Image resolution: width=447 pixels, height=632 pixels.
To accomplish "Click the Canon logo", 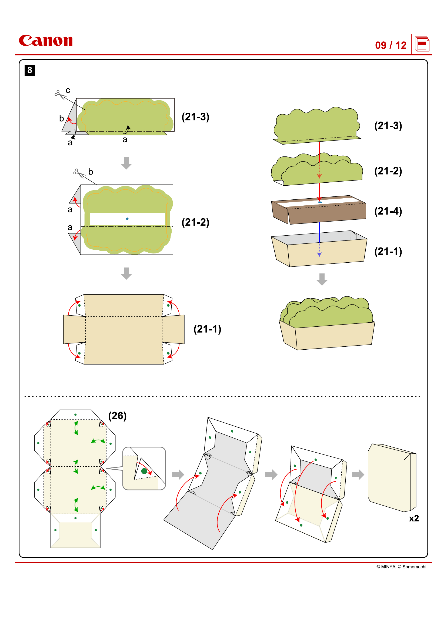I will point(46,41).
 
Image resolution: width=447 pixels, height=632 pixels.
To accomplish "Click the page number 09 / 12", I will point(390,45).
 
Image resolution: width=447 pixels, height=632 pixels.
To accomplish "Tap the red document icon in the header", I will point(422,44).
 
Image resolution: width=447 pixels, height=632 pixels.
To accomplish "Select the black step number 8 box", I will point(30,70).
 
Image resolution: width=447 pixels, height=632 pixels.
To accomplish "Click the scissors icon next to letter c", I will point(60,95).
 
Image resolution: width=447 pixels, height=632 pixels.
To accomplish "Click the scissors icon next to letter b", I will point(79,173).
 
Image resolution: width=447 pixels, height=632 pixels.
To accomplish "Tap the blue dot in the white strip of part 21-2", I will point(127,219).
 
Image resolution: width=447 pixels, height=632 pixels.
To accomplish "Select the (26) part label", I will point(117,416).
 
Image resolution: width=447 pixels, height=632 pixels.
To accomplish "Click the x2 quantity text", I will point(414,518).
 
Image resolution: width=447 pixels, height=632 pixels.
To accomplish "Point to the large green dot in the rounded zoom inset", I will point(144,471).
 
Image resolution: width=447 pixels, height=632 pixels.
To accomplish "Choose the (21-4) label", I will point(388,211).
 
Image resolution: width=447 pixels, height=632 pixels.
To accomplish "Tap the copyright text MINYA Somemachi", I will point(401,567).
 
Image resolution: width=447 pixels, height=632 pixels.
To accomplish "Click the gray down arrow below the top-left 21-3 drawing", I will point(126,163).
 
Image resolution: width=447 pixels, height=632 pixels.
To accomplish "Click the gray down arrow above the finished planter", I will point(322,279).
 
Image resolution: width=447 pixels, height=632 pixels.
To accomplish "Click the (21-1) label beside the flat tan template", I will point(207,329).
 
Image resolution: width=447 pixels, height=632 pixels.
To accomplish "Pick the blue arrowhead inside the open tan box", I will point(319,255).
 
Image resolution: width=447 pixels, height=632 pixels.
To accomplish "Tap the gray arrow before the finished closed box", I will point(358,474).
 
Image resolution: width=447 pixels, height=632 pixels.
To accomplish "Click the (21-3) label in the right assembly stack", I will point(388,126).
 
